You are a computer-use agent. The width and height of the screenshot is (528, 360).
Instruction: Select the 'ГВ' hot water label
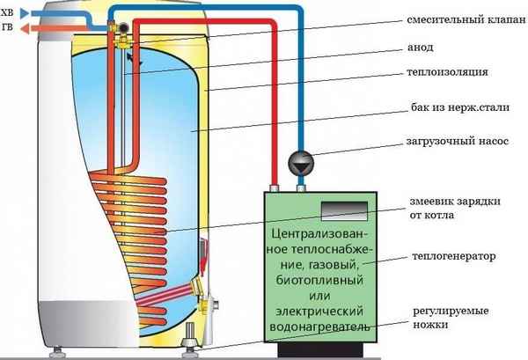(9, 28)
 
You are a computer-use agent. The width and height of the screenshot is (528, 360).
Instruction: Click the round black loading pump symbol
(299, 162)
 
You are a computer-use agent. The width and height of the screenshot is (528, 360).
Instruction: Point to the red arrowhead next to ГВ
(24, 28)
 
